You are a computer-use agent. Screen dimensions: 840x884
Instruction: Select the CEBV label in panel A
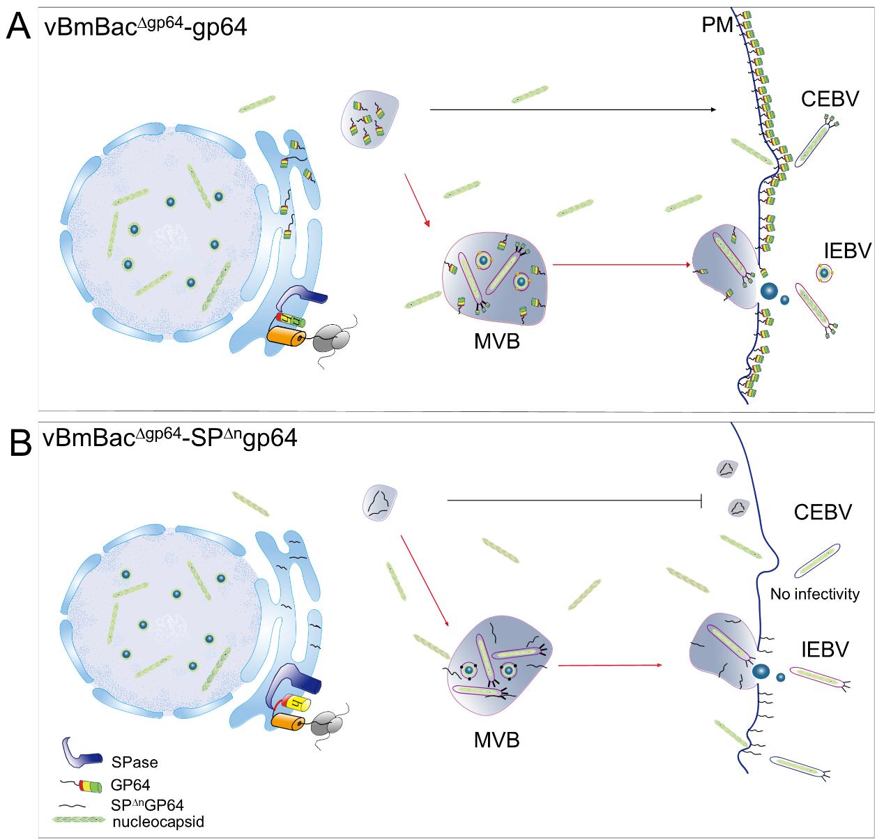pos(830,100)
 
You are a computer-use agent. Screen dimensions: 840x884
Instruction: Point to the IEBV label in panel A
pos(847,250)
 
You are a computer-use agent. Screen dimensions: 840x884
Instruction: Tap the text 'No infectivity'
pos(815,595)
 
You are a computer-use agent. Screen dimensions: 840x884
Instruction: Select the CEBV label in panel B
pos(823,513)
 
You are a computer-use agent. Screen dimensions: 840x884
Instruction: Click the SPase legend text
pos(135,762)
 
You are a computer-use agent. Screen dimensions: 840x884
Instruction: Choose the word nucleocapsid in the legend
pos(158,823)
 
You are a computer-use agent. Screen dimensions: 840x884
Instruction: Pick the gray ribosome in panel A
pos(331,341)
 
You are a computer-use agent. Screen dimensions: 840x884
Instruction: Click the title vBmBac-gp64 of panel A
pos(150,29)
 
